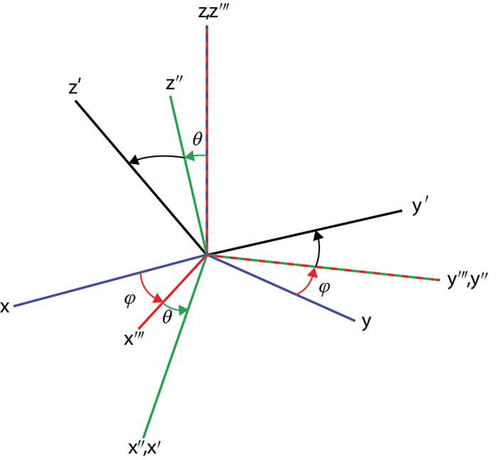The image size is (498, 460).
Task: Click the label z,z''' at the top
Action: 207,11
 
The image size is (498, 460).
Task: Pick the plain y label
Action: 366,322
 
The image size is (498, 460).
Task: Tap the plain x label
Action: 5,307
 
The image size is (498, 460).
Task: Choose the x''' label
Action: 136,340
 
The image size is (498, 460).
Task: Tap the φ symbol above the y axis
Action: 324,288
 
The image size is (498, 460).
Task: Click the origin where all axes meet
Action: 206,254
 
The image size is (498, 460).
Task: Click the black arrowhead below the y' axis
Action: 317,235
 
